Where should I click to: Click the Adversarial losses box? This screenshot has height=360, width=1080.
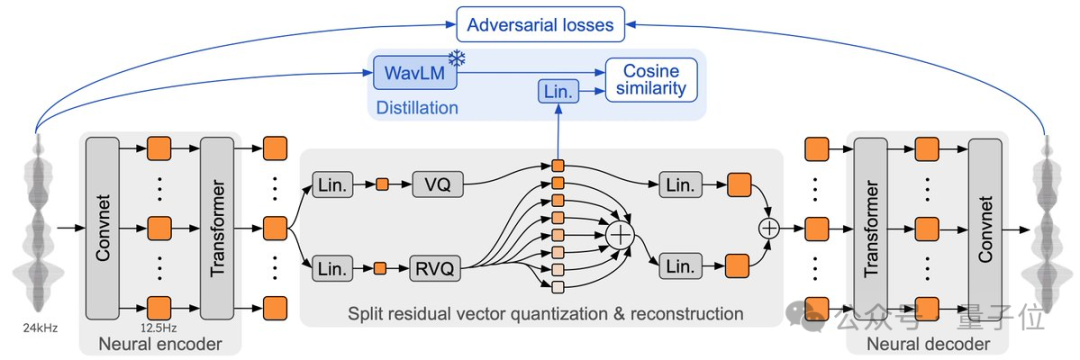coord(541,25)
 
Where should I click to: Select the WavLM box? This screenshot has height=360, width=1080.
coord(415,72)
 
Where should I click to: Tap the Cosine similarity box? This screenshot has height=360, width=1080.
coord(651,80)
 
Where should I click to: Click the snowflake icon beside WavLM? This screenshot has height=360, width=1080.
coord(455,59)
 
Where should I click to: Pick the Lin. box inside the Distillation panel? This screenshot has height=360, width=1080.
coord(558,92)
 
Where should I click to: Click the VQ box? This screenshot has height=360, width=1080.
coord(438,184)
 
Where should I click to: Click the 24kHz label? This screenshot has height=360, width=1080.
coord(38,328)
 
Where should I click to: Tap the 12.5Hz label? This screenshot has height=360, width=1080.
coord(159,328)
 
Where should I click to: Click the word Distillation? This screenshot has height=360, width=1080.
coord(417,107)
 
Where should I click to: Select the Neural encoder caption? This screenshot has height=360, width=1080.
coord(160,343)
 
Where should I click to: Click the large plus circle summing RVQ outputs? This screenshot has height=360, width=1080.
coord(621,235)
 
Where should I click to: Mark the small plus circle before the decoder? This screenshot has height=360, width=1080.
coord(768,226)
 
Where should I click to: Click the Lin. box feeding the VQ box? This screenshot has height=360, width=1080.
coord(333,184)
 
